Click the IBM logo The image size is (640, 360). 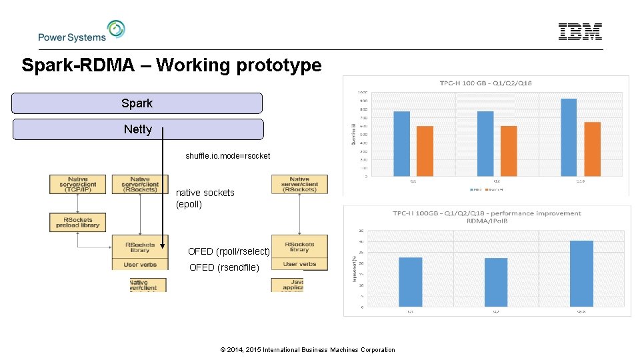pos(580,31)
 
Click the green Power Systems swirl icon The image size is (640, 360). pos(116,29)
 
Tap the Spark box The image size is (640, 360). pos(137,103)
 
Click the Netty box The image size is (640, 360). pos(137,129)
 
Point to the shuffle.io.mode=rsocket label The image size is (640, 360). pos(228,156)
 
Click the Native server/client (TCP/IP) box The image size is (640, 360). pos(77,184)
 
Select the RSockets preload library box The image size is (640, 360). pos(77,222)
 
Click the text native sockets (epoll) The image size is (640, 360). pos(205,198)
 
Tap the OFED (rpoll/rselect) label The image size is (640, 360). pos(229,251)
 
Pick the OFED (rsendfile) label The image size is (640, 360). pos(224,267)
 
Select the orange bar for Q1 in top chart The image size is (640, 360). pos(425,151)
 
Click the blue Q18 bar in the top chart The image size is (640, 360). pos(569,137)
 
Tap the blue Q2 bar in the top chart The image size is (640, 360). pos(485,143)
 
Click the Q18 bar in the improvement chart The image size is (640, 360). pos(581,273)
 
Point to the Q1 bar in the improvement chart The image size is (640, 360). pos(410,281)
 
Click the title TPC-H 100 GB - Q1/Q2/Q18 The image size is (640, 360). pos(485,83)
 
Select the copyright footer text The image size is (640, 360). pos(307,349)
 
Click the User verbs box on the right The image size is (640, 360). pos(299,264)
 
